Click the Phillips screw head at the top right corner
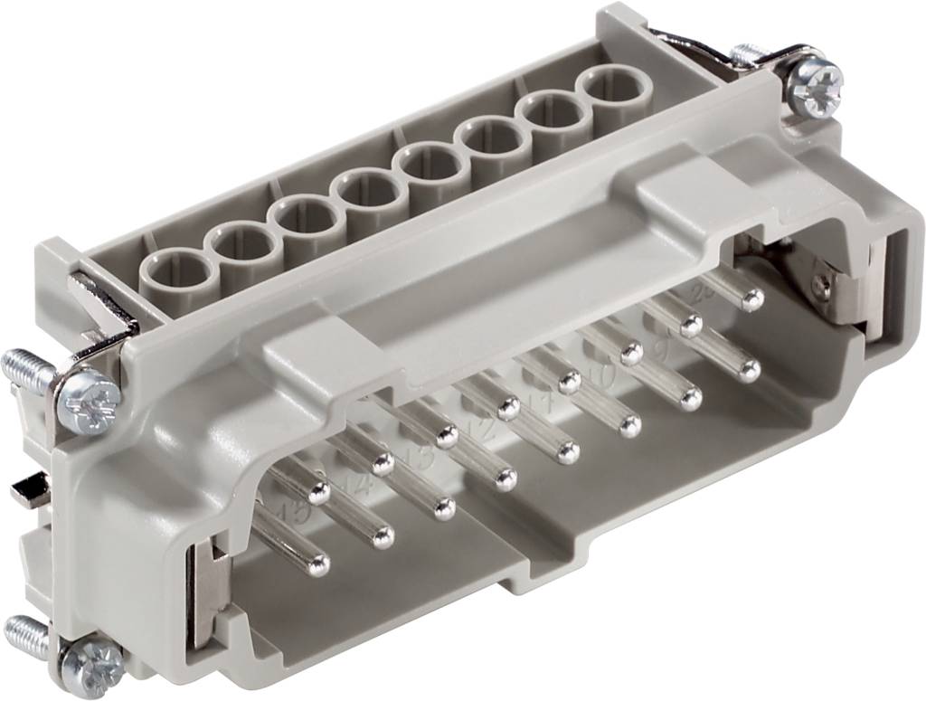pos(814,85)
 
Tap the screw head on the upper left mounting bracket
pos(89,403)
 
